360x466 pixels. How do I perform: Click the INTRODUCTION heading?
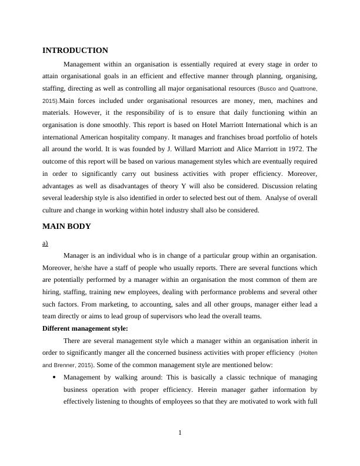click(75, 51)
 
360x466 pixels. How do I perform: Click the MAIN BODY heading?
click(66, 227)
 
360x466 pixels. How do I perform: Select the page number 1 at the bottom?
click(180, 434)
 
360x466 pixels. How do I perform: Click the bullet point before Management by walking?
click(54, 378)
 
